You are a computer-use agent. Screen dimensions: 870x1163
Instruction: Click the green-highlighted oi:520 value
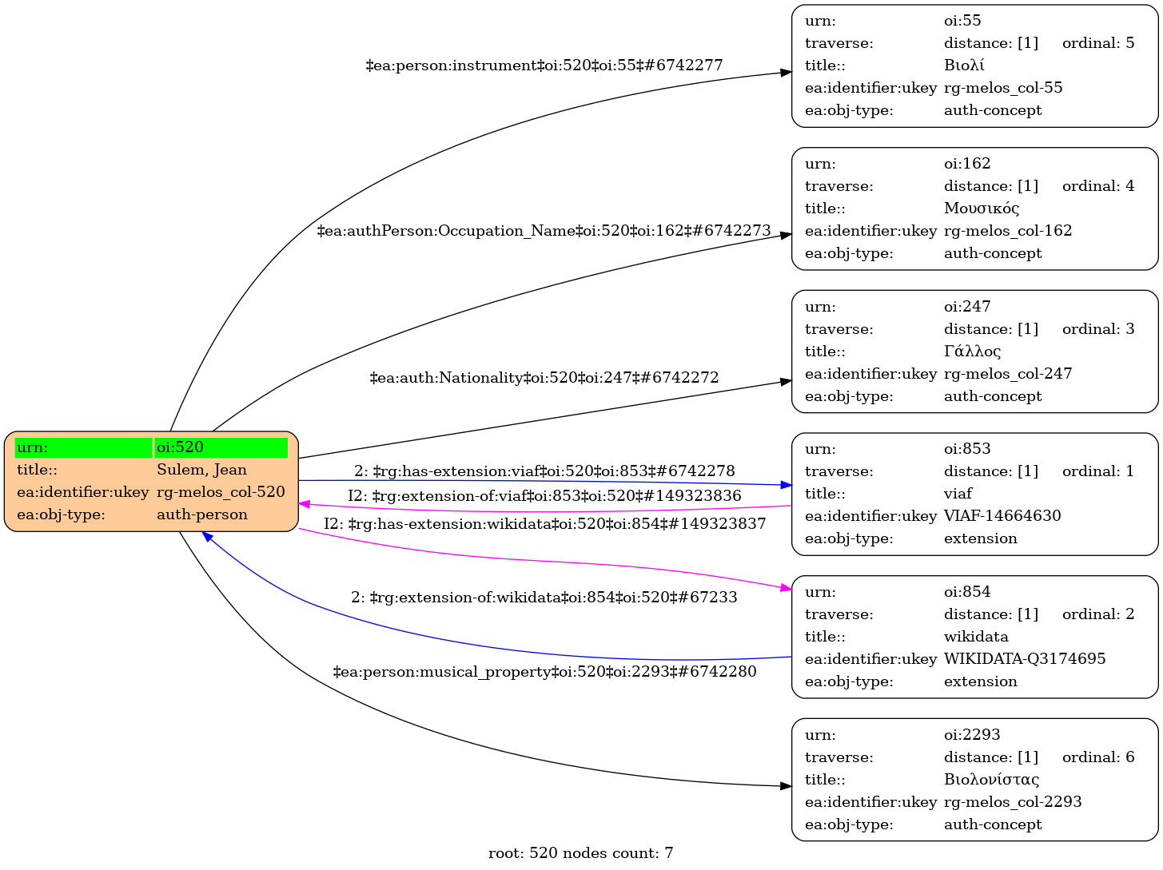click(221, 447)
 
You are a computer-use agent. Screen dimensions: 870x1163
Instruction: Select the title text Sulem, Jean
click(201, 470)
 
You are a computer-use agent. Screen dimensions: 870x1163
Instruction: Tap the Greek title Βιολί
click(964, 66)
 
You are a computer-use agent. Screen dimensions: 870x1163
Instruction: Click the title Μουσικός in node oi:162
click(982, 209)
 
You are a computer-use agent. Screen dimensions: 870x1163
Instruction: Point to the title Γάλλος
click(972, 352)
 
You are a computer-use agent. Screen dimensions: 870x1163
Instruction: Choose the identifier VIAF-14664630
click(1002, 516)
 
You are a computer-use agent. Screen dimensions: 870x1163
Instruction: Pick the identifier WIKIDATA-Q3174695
click(1025, 659)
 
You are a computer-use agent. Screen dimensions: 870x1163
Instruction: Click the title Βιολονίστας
click(991, 780)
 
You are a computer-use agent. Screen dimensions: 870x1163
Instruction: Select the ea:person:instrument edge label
click(544, 66)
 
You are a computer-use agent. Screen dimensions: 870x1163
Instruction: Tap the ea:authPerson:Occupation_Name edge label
click(544, 231)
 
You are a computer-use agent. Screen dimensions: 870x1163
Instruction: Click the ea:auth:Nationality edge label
click(544, 377)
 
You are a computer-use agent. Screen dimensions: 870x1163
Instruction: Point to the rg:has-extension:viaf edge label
click(544, 471)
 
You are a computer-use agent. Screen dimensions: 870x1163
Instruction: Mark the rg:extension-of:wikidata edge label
click(544, 598)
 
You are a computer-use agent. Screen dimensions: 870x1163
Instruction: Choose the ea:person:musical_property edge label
click(544, 672)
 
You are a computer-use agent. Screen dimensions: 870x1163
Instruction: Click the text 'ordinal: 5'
click(1098, 43)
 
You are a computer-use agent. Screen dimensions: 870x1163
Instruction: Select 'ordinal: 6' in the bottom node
click(1098, 757)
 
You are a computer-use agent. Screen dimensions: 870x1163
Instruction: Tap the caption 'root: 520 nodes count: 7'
click(581, 853)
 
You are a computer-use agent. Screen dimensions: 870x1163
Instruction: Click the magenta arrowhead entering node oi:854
click(786, 589)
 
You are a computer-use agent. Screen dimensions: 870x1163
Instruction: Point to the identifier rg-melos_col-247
click(1008, 374)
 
